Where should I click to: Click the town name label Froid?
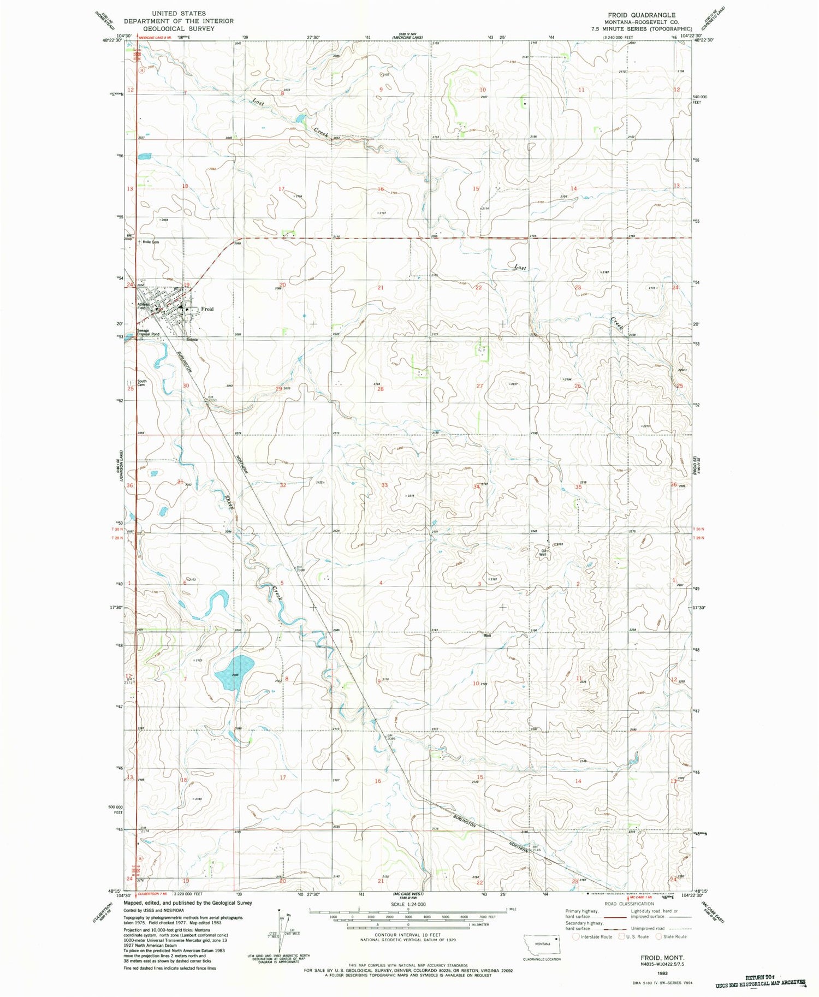[207, 309]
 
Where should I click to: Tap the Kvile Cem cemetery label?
[151, 242]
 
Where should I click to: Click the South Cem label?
[141, 383]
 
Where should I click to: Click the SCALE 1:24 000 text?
[408, 905]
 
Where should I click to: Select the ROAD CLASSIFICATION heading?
[626, 904]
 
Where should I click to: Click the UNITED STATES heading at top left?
[179, 13]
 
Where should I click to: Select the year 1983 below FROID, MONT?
[662, 973]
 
